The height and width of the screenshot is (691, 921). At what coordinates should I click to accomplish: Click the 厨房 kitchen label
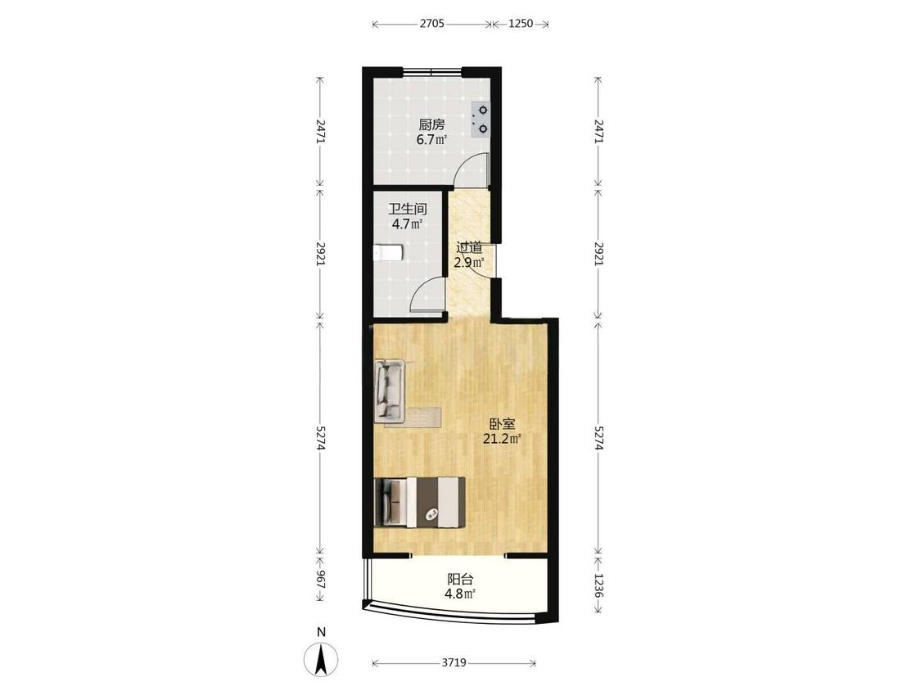click(431, 124)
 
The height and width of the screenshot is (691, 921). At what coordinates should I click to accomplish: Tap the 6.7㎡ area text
click(431, 140)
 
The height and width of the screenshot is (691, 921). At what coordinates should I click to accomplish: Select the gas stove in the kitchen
click(481, 120)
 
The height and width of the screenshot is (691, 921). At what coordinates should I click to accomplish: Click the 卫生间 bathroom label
click(407, 209)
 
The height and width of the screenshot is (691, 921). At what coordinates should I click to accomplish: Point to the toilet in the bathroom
click(388, 253)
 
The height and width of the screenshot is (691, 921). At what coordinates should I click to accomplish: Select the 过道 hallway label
click(469, 247)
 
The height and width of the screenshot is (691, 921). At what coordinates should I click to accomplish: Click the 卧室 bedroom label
click(502, 423)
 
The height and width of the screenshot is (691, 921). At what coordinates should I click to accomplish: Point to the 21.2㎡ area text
click(502, 439)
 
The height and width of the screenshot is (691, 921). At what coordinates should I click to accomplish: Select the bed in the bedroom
click(420, 503)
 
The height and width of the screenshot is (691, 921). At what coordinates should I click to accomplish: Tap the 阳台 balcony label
click(460, 579)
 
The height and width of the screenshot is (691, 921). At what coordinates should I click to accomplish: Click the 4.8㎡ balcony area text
click(460, 594)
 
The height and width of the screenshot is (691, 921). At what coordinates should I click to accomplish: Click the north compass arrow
click(321, 659)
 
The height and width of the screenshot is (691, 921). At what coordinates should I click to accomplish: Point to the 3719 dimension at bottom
click(454, 663)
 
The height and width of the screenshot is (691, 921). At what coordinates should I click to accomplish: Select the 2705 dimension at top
click(431, 24)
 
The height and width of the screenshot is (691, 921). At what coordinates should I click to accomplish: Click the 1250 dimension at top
click(521, 24)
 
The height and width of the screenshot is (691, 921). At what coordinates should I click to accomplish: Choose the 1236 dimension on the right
click(598, 586)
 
